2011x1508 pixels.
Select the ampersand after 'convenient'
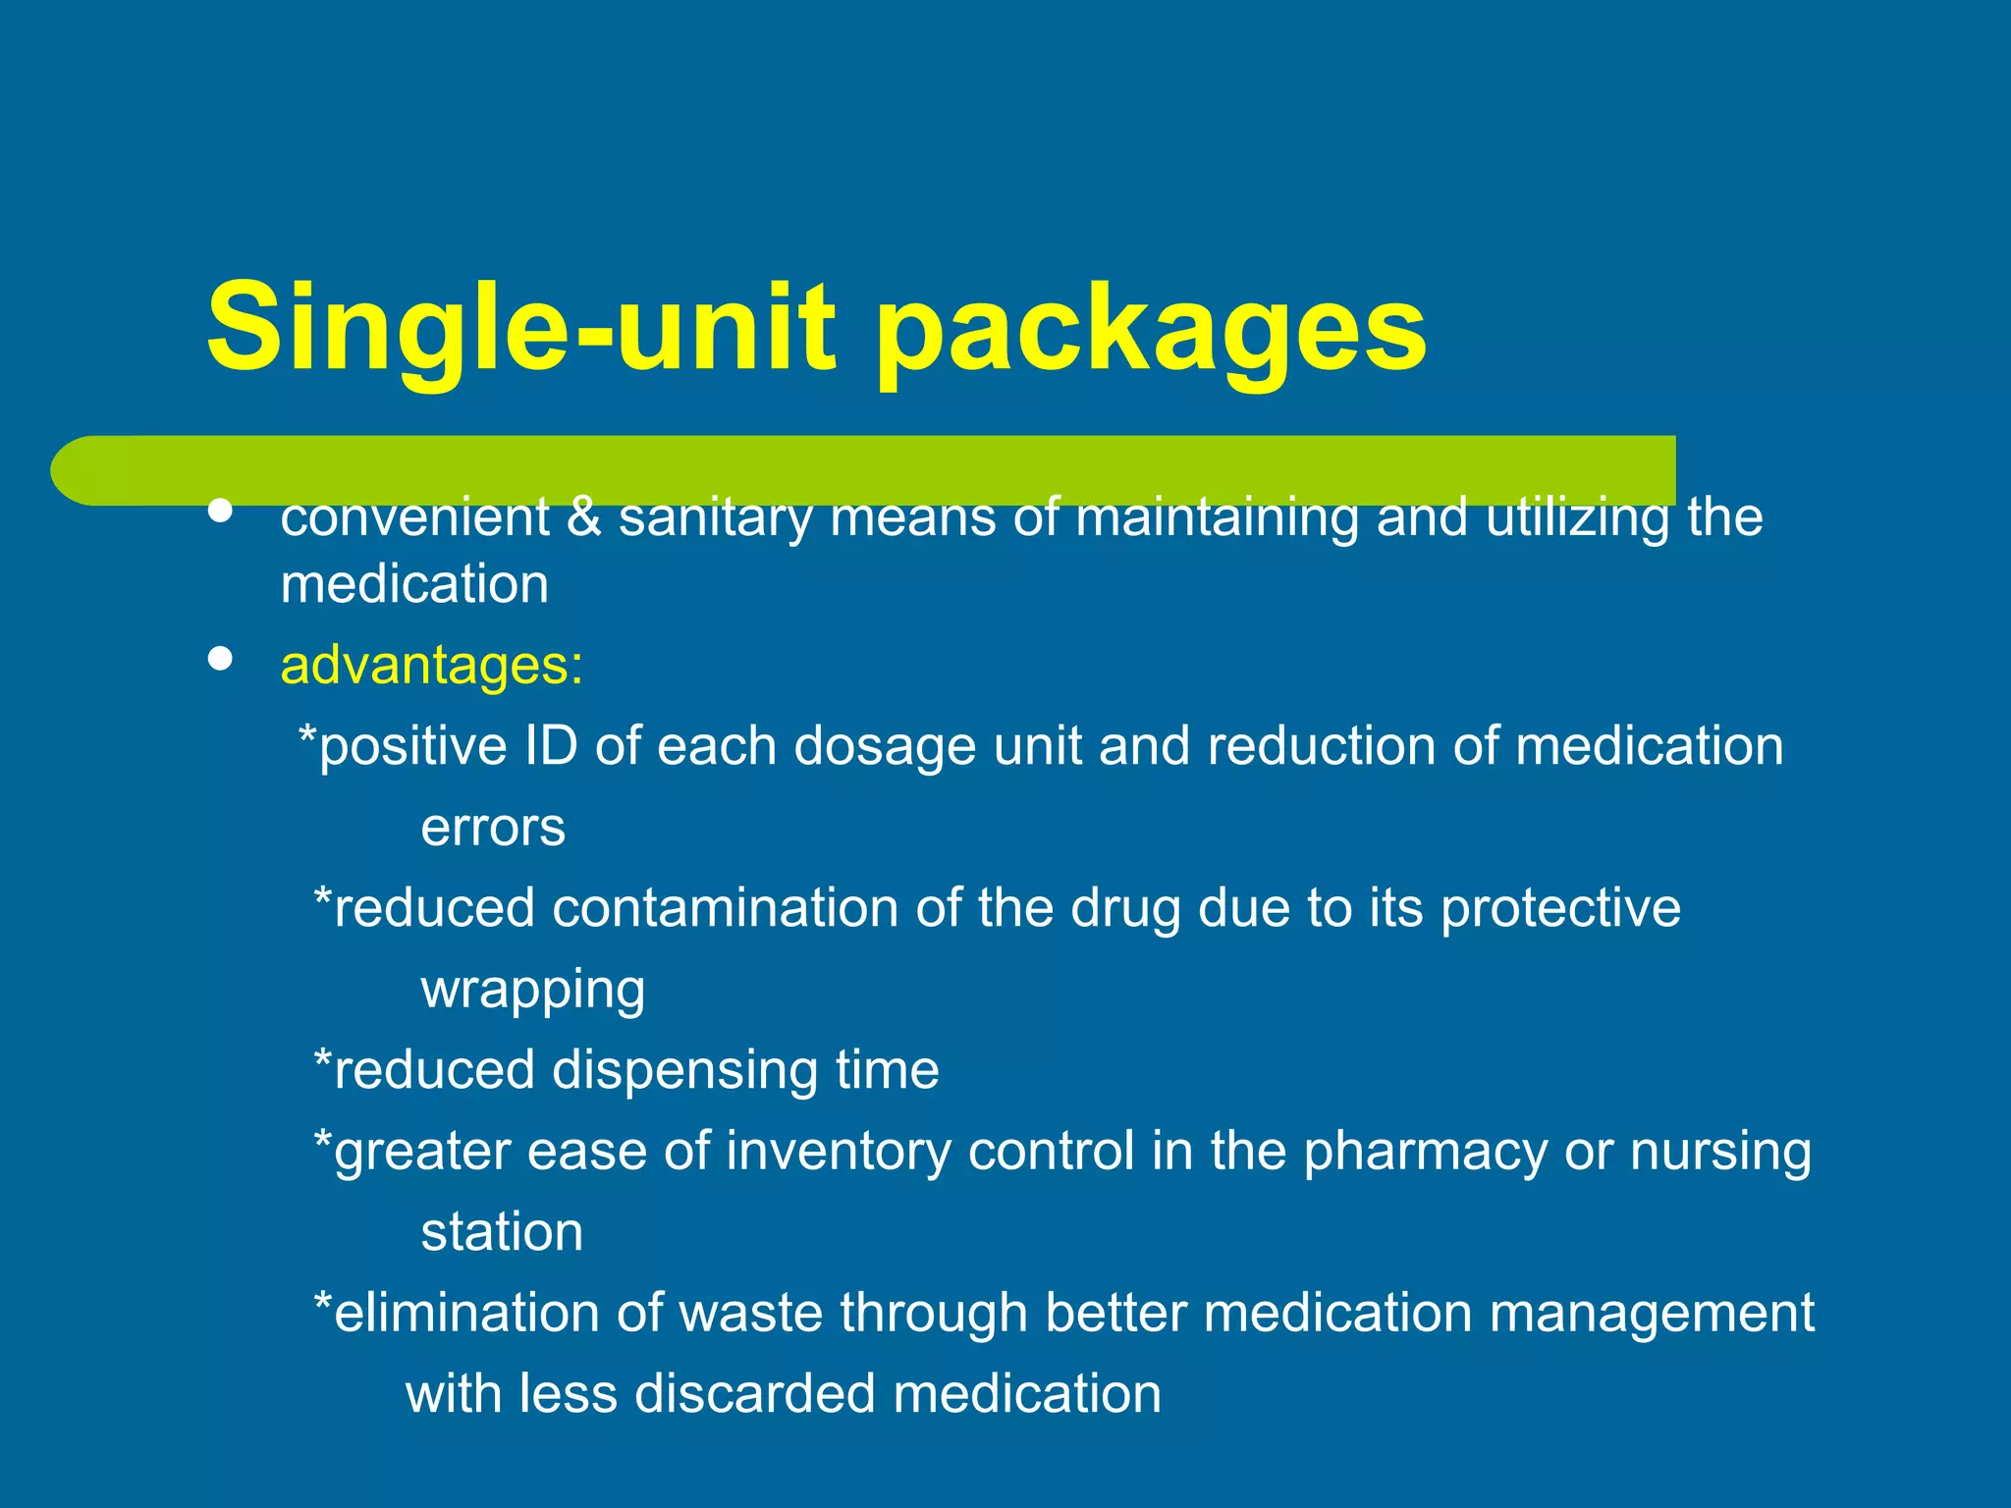point(583,517)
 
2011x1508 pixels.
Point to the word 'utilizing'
point(1576,517)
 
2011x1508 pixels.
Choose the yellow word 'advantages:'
point(432,666)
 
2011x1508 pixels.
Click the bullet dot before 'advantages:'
point(221,659)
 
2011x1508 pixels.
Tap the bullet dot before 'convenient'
point(221,512)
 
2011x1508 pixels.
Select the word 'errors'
point(493,828)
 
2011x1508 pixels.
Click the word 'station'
point(502,1232)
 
